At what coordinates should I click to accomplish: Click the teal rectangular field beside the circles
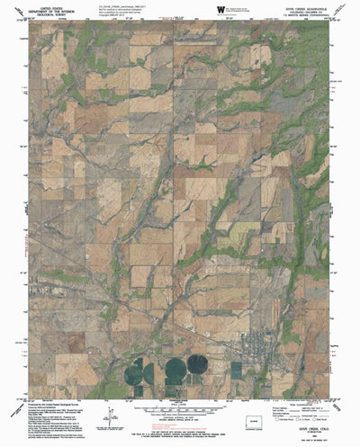[236, 370]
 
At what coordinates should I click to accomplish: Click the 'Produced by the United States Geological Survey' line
[54, 406]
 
